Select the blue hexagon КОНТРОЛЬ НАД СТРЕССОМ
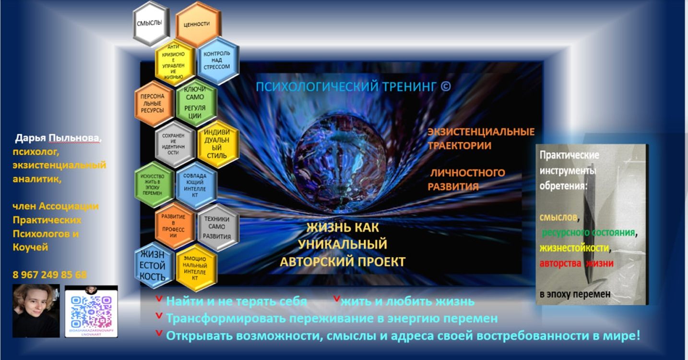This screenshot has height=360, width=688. [x=217, y=60]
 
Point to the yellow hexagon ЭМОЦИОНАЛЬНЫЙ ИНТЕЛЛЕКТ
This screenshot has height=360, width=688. [x=195, y=267]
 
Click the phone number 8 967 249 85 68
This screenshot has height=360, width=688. [x=50, y=275]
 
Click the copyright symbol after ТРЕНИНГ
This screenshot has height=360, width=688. [x=446, y=86]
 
